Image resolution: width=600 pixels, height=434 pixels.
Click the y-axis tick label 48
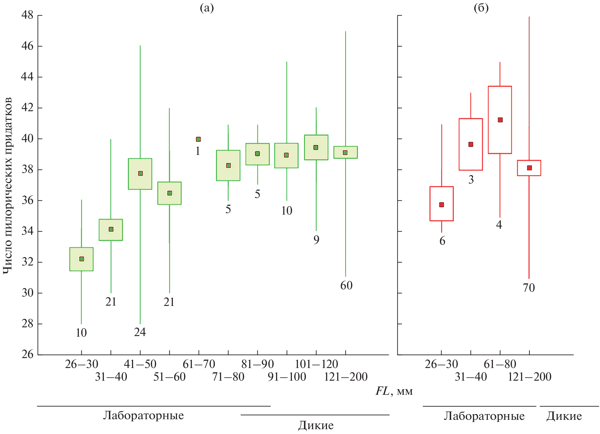pos(27,15)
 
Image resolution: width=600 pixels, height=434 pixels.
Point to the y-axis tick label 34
pos(27,231)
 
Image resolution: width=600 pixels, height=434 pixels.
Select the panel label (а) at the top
pos(207,8)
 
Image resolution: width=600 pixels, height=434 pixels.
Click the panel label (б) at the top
pos(481,8)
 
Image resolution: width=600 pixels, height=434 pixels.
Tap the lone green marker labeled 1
pos(198,139)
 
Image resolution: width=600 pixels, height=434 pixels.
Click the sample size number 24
pos(140,332)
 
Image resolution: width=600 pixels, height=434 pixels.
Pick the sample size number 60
pos(346,285)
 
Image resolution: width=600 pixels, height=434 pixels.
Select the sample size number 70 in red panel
pos(529,288)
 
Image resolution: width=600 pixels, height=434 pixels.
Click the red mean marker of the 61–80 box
pos(500,120)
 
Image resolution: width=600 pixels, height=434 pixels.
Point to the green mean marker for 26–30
pos(81,259)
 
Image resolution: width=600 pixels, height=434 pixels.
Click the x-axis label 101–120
pos(316,364)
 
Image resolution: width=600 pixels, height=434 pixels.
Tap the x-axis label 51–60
pos(169,377)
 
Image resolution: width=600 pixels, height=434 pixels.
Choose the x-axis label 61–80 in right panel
pos(500,364)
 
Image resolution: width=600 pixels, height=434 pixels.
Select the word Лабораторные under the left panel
pos(143,415)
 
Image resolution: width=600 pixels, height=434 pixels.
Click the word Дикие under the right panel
pos(564,416)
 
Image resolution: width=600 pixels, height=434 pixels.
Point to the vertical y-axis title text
pos(7,185)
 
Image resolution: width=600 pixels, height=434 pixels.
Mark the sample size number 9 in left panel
pos(316,240)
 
